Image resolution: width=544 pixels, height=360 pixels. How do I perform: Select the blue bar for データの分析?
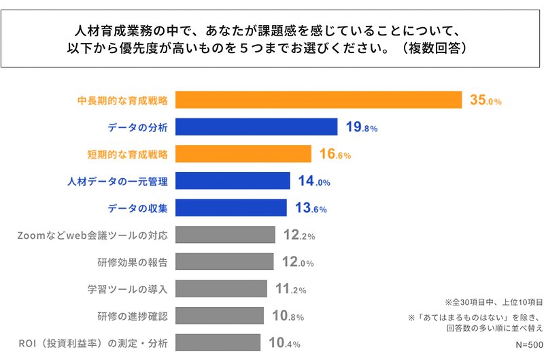click(257, 127)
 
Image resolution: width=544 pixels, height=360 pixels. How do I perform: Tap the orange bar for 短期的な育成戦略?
click(243, 154)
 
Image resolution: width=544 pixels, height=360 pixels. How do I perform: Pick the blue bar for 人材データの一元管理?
click(233, 181)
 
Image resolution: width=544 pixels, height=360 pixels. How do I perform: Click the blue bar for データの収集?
click(231, 208)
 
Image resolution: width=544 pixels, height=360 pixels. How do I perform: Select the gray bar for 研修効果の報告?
click(225, 262)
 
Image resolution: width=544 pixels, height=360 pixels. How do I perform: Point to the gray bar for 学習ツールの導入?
click(222, 289)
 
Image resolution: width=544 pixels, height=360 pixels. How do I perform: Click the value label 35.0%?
click(486, 101)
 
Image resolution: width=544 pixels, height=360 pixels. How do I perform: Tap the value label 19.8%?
click(361, 127)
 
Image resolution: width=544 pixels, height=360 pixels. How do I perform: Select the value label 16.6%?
click(335, 154)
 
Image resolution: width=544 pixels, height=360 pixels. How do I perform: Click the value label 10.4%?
click(284, 343)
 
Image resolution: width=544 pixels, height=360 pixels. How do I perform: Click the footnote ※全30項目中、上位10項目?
click(494, 301)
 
